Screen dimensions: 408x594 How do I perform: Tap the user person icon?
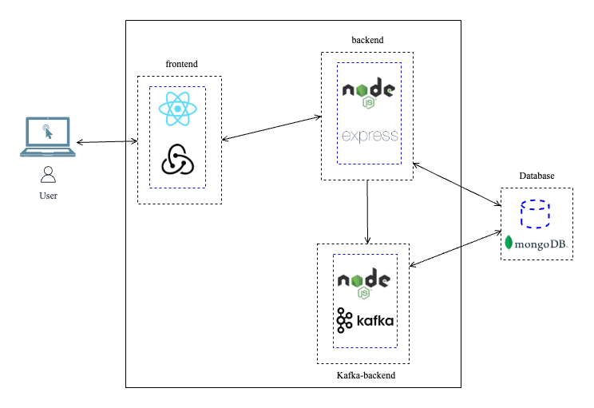coord(49,174)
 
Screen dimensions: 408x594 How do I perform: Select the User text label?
coord(49,196)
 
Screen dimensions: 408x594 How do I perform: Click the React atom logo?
coord(178,109)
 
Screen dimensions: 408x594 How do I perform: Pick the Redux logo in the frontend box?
coord(177,159)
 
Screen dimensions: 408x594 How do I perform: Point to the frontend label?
coord(181,64)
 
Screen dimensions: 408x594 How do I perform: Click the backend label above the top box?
coord(367,39)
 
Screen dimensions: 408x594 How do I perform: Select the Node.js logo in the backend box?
coord(367,93)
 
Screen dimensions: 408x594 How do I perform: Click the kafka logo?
coord(365,321)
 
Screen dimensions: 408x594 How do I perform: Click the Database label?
coord(536,176)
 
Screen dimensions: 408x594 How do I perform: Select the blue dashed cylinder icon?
coord(536,215)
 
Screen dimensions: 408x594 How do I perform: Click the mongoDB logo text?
coord(536,242)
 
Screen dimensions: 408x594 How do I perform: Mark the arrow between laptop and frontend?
coord(107,142)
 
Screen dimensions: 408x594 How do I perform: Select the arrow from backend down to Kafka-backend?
coord(367,212)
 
